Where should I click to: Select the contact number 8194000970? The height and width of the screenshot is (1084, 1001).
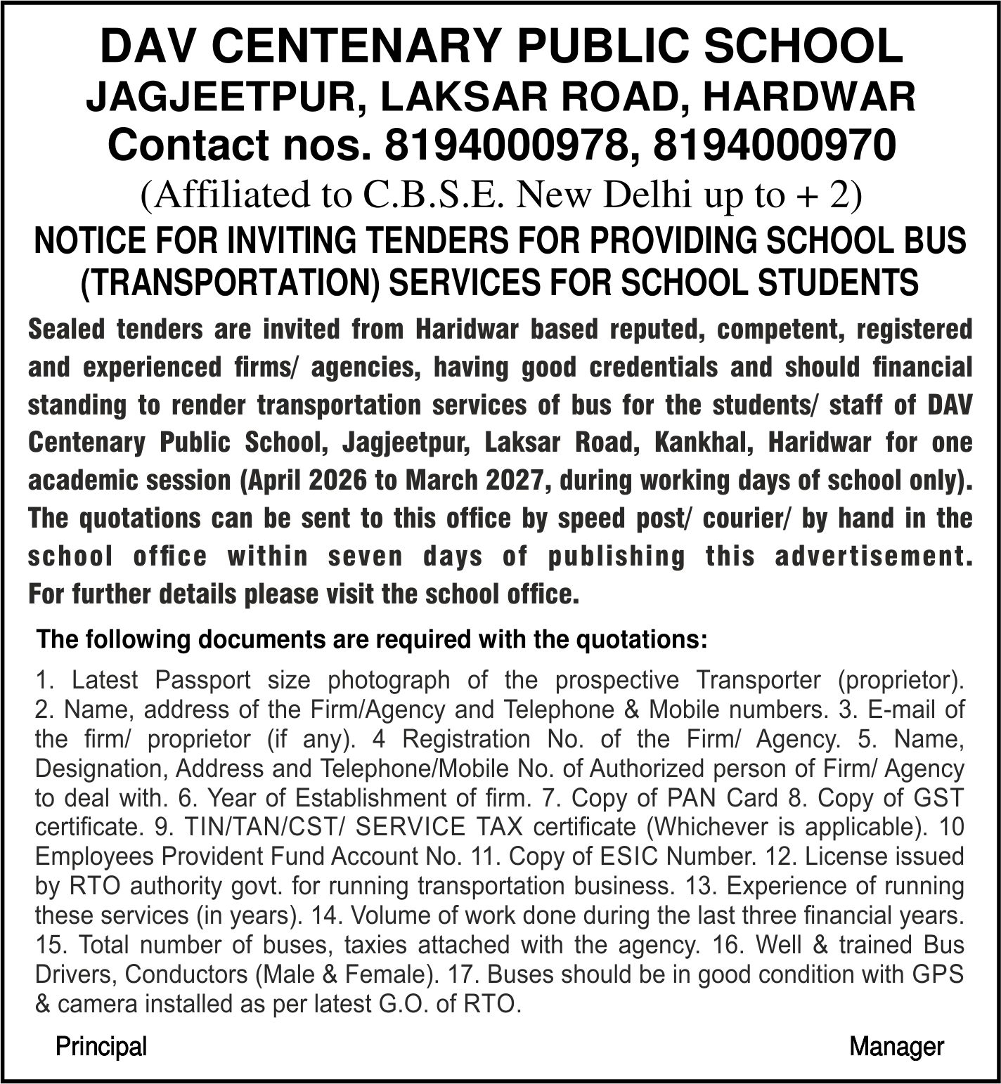(x=775, y=145)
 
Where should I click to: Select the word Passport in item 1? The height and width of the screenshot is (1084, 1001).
(x=202, y=680)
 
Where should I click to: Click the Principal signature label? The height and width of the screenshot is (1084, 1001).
(x=101, y=1047)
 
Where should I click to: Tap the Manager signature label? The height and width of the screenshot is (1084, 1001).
(x=896, y=1047)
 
